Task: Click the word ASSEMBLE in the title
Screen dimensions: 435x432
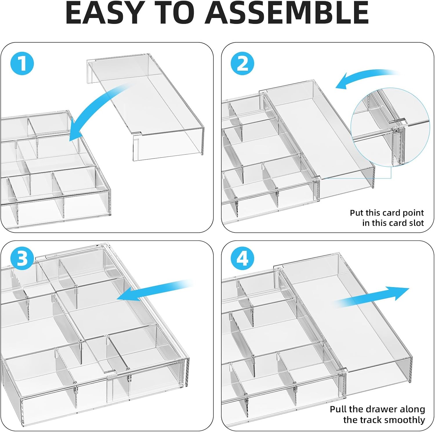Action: pyautogui.click(x=287, y=13)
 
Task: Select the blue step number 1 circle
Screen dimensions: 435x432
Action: pyautogui.click(x=22, y=64)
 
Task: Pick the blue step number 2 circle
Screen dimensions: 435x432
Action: pyautogui.click(x=242, y=64)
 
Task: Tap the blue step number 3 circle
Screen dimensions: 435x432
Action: pyautogui.click(x=22, y=258)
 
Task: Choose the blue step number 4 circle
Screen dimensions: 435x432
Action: pyautogui.click(x=242, y=258)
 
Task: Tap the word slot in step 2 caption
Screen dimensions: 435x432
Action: pyautogui.click(x=415, y=223)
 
